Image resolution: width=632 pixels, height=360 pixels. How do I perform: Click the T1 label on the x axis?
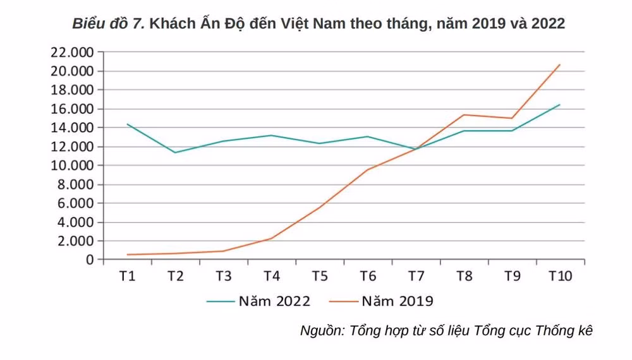(x=128, y=276)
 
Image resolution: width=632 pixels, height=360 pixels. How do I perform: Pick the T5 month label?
(x=320, y=276)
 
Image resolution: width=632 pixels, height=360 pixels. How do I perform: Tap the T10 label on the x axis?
(x=560, y=276)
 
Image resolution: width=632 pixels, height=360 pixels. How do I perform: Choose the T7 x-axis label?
(x=416, y=276)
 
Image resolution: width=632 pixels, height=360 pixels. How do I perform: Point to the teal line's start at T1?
(x=128, y=124)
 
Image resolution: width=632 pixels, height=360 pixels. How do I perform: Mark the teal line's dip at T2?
(x=176, y=152)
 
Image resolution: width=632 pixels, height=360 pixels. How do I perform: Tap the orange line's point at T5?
(x=320, y=207)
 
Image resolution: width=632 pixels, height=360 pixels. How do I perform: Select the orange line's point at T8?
(x=464, y=115)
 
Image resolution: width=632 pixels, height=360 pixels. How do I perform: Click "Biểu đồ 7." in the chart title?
(x=108, y=24)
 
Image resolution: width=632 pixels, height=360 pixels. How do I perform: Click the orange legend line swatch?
(x=344, y=301)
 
